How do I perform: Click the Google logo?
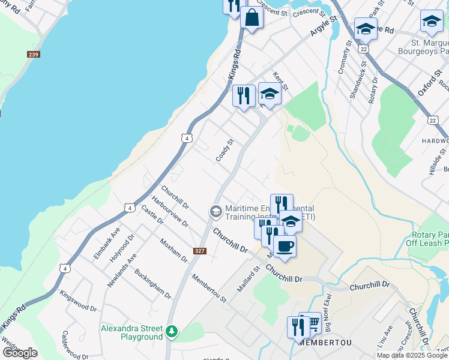click(20, 353)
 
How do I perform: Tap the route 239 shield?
click(34, 55)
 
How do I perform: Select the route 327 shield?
click(200, 250)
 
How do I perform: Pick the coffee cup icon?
click(285, 246)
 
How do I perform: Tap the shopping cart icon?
click(312, 324)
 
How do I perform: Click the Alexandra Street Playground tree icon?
click(172, 331)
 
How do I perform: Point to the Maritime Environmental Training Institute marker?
click(215, 212)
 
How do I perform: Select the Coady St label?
click(224, 151)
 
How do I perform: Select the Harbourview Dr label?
click(170, 211)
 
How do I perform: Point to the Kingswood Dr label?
click(79, 301)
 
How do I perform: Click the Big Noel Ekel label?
click(328, 318)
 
